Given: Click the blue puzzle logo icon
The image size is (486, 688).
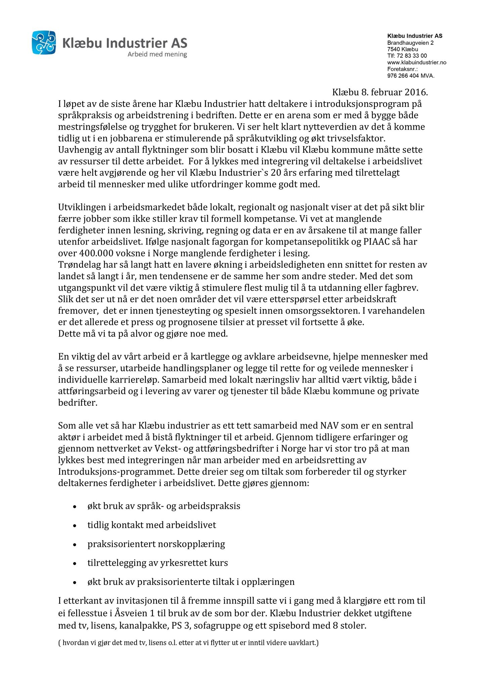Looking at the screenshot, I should point(44,42).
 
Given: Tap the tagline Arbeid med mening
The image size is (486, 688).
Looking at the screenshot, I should point(157,54).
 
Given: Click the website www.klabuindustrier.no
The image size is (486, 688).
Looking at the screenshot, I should point(416,62).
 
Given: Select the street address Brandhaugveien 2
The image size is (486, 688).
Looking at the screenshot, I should point(410,43).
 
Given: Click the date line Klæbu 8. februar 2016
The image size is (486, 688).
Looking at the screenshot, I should point(380,92).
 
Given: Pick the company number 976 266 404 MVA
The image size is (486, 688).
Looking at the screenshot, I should point(410,76).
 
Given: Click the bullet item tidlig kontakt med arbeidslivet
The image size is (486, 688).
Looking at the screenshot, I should point(151,525).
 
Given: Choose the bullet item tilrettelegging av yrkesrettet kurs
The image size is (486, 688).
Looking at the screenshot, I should point(158,563).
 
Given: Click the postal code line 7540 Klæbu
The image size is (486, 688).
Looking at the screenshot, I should point(402,49).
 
